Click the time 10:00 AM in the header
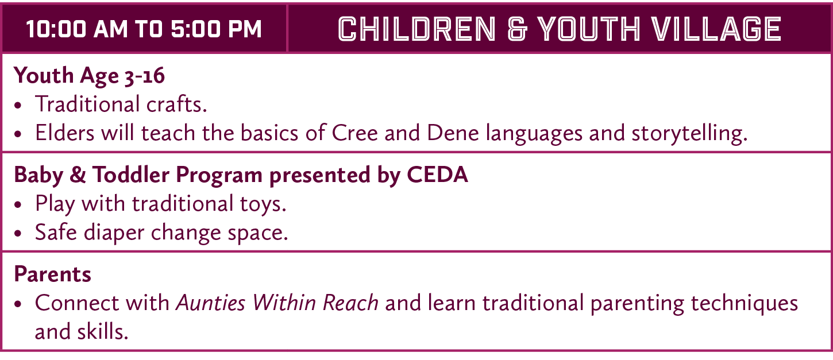click(74, 29)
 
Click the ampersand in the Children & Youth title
click(517, 29)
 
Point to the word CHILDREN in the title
click(416, 29)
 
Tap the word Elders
click(65, 133)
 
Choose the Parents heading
click(52, 274)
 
